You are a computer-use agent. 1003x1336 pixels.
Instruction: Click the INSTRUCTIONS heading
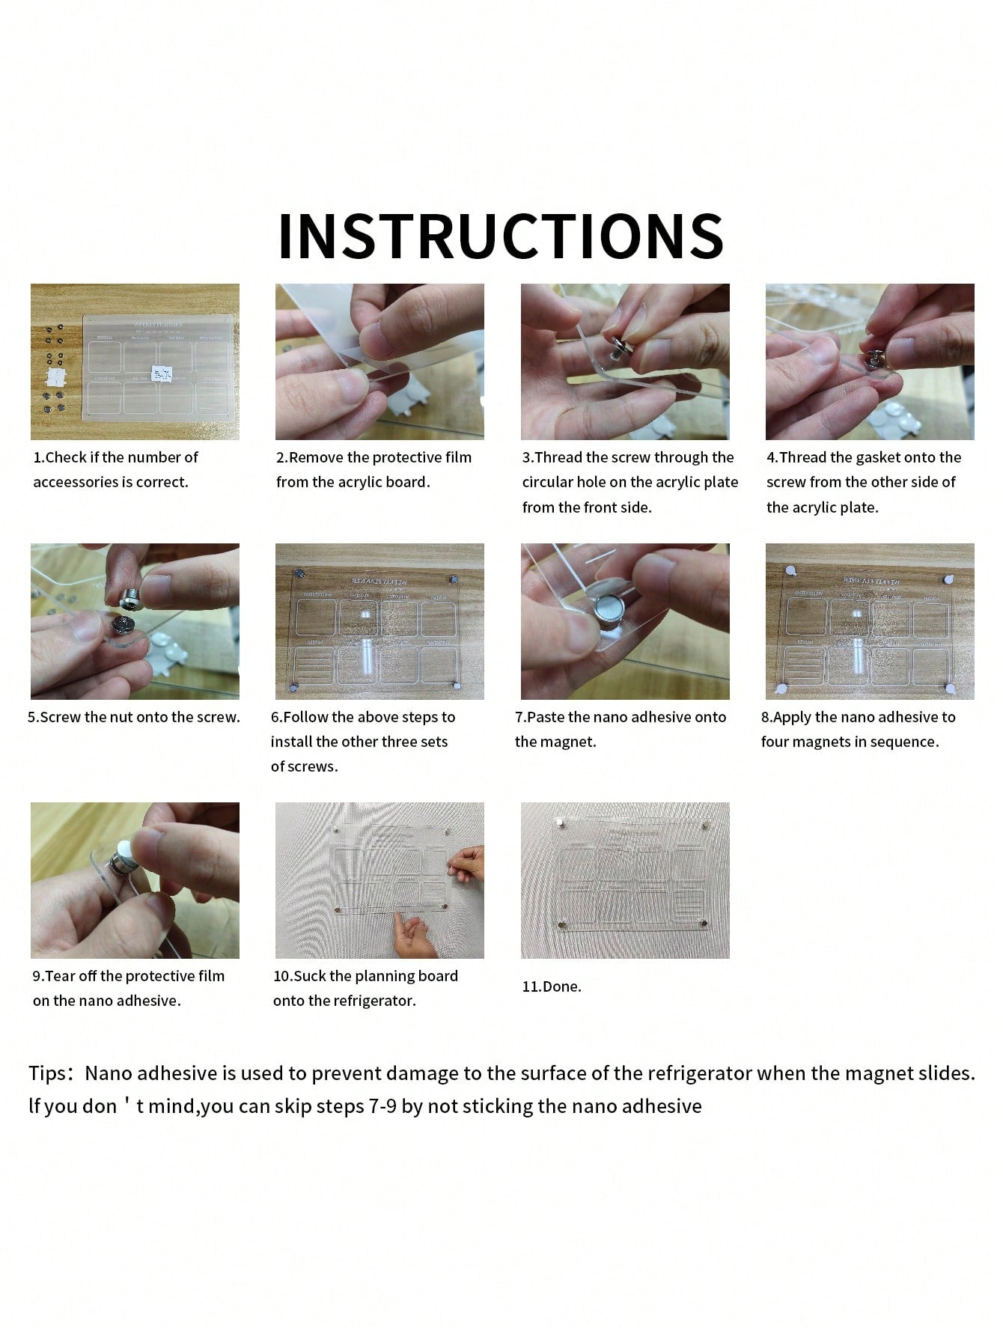501,236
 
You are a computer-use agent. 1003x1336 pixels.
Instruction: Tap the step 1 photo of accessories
135,362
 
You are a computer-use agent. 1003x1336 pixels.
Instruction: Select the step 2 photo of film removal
379,362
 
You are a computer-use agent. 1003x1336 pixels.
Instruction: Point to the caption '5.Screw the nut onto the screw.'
134,717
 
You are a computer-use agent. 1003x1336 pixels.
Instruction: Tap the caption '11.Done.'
552,986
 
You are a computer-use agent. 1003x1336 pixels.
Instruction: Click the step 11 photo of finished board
625,880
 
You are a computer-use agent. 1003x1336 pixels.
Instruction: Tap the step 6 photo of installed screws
379,621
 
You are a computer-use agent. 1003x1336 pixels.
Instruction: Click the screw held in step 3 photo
619,347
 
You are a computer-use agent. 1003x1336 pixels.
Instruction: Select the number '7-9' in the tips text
382,1106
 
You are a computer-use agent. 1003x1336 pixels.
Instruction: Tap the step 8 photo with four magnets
870,621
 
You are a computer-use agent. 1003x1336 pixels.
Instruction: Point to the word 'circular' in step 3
546,483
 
